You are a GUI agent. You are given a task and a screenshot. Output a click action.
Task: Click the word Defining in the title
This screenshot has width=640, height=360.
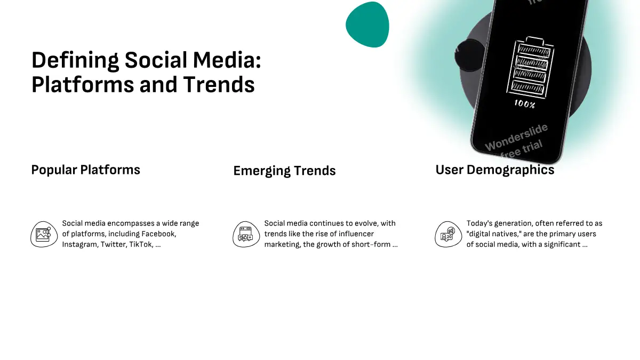point(75,61)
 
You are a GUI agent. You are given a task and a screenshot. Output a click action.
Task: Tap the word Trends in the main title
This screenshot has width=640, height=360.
point(219,85)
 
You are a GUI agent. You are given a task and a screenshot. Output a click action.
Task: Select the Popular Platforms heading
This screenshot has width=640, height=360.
point(86,170)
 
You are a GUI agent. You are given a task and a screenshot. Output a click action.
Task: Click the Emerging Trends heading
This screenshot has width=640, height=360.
point(285,171)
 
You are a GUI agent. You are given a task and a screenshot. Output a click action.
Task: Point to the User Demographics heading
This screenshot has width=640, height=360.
point(495,170)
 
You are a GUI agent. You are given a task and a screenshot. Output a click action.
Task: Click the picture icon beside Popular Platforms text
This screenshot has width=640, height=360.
point(44,234)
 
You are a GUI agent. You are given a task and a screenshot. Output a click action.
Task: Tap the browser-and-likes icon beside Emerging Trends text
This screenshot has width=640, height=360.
point(246,234)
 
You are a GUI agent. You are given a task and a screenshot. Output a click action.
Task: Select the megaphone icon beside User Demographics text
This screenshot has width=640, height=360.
point(449,234)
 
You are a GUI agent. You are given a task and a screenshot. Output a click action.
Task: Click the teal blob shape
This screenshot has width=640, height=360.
point(367,25)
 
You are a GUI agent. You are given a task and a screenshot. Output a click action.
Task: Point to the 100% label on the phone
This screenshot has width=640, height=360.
point(525,104)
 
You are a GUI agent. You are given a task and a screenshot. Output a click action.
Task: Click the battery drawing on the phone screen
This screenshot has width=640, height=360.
point(530,67)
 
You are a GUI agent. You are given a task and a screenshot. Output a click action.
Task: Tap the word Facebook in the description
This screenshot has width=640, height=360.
point(158,234)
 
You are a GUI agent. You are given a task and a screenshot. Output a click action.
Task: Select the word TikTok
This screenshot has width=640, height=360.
point(141,245)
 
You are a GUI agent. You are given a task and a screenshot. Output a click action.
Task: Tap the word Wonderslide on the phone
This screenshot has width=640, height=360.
point(517,138)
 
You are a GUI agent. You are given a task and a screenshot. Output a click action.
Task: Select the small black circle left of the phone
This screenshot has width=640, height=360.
point(470,55)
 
